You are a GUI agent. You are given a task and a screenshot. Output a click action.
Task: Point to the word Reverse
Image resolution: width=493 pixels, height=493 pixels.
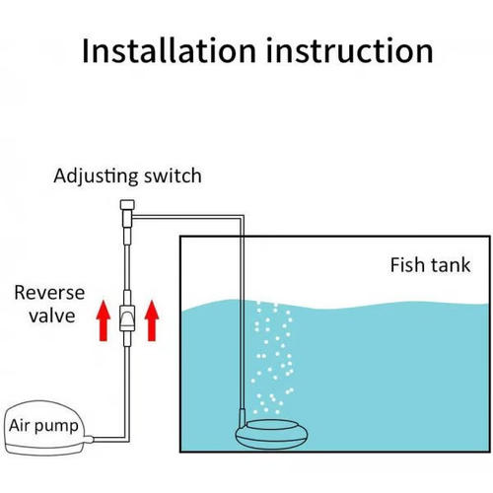pyautogui.click(x=49, y=293)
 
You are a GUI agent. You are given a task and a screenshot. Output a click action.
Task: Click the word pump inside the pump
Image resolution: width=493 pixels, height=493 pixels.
pyautogui.click(x=58, y=428)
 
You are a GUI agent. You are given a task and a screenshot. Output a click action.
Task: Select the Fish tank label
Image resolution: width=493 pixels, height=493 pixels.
pyautogui.click(x=430, y=265)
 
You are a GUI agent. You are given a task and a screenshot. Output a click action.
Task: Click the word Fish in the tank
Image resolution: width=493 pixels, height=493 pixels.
pyautogui.click(x=408, y=265)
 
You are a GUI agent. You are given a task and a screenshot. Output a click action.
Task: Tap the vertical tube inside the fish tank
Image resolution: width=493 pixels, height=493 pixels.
pyautogui.click(x=241, y=325)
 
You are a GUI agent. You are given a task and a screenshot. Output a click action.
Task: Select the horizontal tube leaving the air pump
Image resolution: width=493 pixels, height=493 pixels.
pyautogui.click(x=106, y=439)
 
